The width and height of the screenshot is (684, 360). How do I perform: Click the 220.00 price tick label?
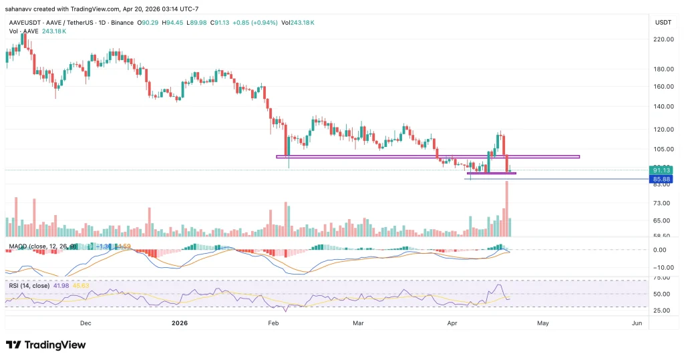663,39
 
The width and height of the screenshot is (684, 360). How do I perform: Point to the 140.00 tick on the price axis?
663,106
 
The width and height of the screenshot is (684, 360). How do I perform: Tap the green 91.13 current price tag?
663,170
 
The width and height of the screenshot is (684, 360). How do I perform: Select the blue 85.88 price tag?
663,180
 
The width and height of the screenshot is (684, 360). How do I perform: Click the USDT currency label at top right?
663,22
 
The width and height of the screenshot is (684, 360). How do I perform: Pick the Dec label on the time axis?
85,323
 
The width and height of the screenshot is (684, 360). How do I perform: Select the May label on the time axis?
542,323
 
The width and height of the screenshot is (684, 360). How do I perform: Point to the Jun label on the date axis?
637,323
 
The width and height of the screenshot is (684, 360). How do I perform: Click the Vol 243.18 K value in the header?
297,23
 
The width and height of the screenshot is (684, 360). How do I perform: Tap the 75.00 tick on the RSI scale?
661,277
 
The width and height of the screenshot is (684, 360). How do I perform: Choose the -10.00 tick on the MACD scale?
661,267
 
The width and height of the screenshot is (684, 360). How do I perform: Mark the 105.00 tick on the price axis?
663,149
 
